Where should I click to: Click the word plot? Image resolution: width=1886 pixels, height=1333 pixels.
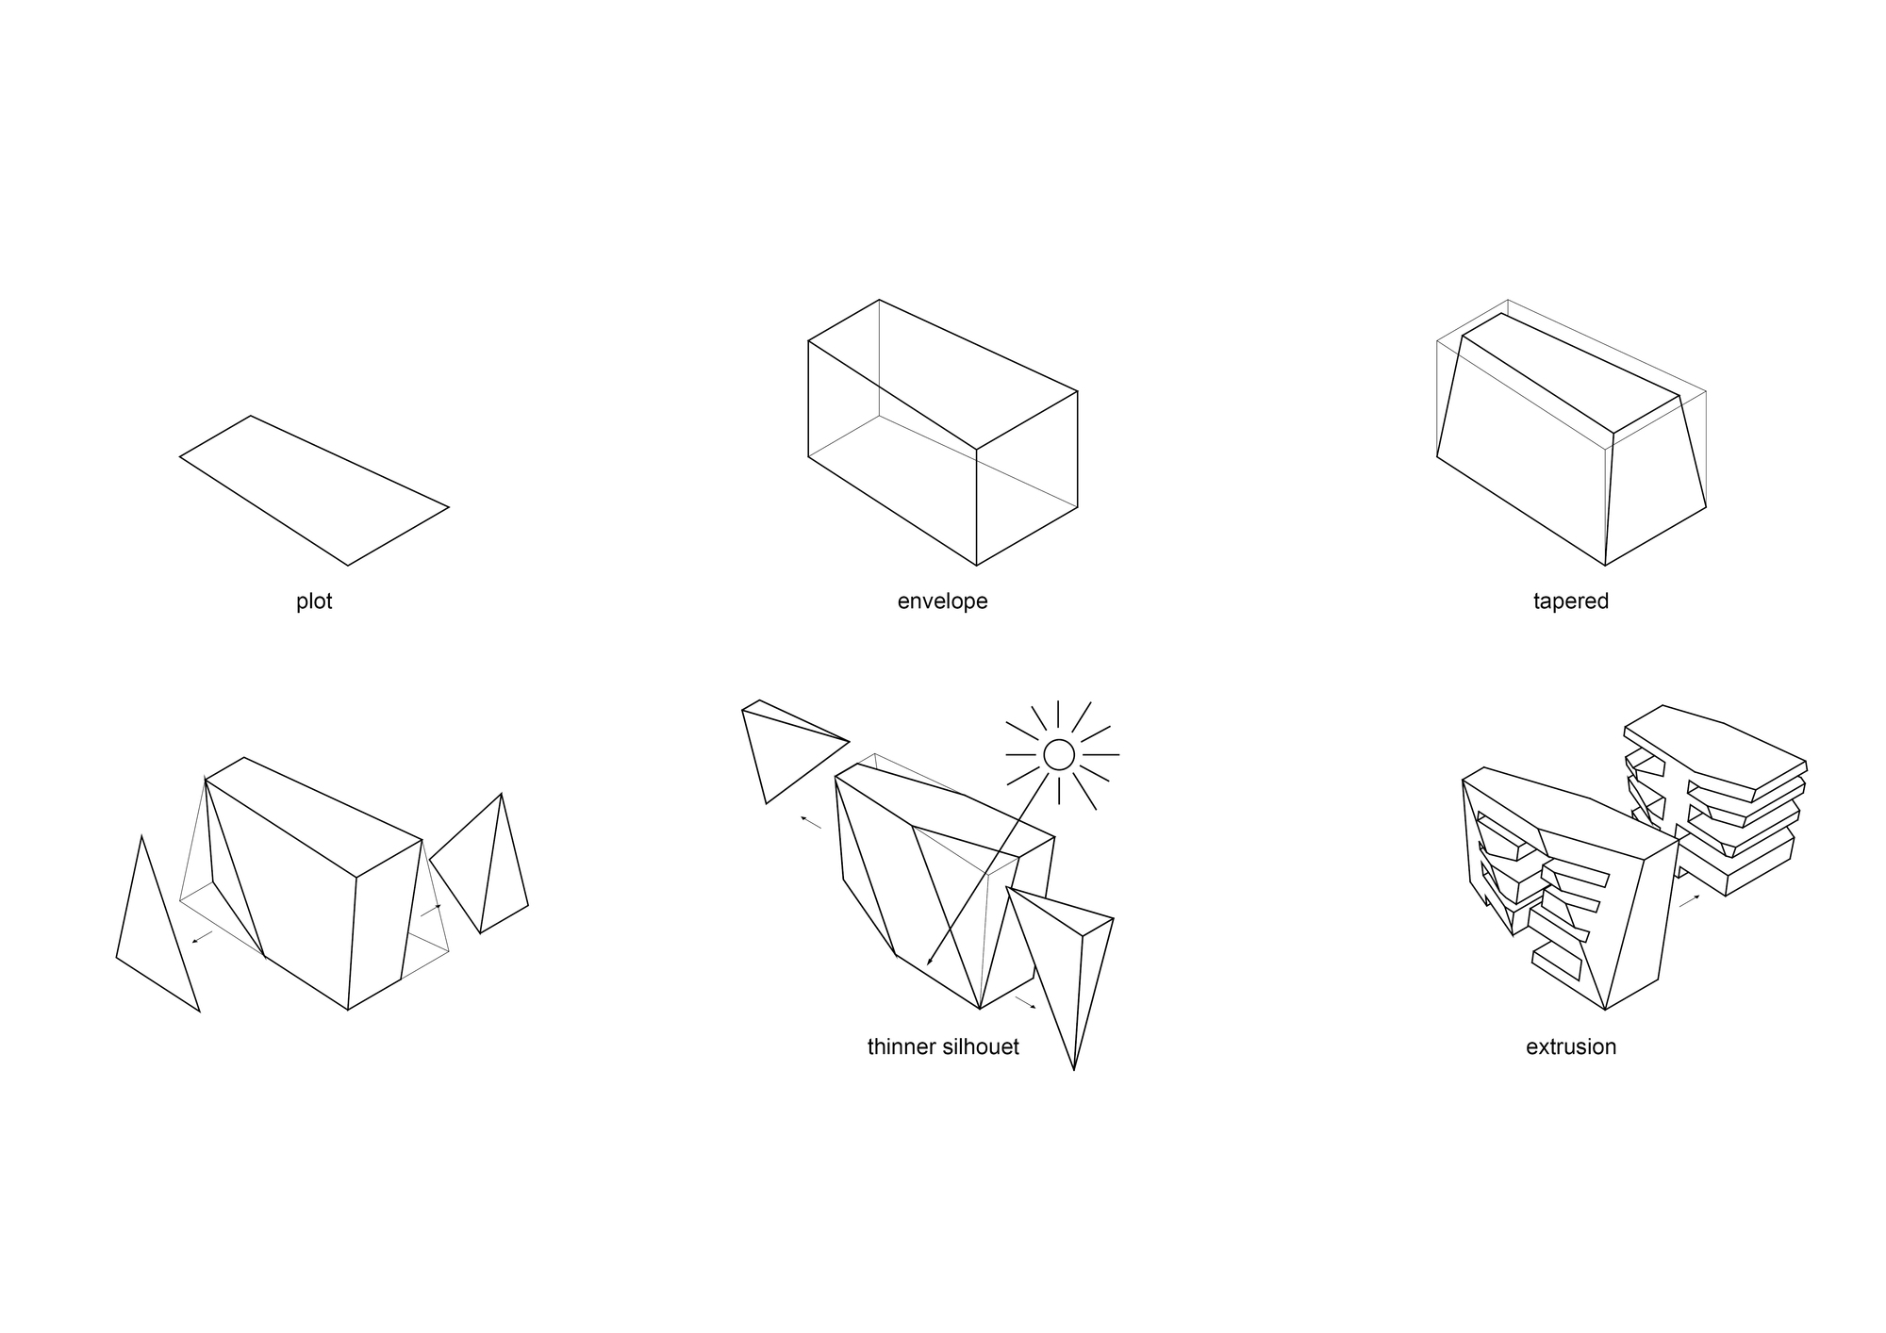pos(314,601)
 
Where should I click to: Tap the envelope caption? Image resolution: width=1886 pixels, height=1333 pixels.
pos(942,601)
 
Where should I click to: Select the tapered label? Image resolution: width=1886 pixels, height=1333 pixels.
pos(1571,601)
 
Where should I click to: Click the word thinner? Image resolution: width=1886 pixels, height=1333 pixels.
pos(902,1046)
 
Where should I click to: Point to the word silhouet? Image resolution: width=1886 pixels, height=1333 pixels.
pos(982,1046)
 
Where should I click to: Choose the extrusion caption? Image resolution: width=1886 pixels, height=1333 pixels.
pos(1571,1046)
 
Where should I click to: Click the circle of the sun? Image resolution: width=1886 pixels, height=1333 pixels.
pos(1059,754)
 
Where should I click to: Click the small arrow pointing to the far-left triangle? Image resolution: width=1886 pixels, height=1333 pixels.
pos(202,937)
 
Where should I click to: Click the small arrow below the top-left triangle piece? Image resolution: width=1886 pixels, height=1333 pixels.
pos(811,822)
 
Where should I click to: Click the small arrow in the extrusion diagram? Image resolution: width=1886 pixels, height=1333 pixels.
pos(1690,901)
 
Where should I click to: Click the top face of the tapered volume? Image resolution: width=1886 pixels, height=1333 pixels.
pos(1570,372)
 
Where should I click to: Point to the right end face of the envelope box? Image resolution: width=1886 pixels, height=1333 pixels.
pos(1027,478)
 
